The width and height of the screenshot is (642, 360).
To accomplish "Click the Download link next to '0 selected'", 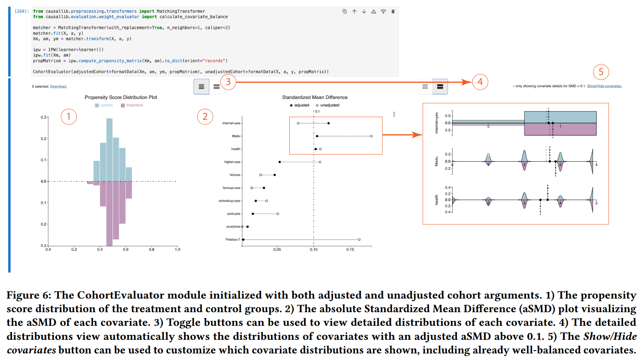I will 58,87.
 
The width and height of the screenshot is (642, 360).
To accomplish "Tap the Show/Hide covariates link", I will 604,86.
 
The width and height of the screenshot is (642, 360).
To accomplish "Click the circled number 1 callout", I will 68,117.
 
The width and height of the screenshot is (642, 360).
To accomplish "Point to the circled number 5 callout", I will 601,72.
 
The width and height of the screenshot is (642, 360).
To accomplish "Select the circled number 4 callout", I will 480,82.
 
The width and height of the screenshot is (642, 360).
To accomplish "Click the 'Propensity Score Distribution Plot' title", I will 121,97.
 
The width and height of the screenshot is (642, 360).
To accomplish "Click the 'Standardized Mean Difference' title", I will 314,97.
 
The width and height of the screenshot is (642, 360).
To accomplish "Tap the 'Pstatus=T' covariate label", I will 233,240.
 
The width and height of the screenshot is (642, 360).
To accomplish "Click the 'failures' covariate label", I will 235,175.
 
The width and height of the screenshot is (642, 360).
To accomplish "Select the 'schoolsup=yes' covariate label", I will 229,201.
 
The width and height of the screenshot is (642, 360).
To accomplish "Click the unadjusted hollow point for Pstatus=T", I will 359,240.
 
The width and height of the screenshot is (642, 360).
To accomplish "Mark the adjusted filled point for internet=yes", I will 328,123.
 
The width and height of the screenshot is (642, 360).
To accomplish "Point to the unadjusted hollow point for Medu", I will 371,136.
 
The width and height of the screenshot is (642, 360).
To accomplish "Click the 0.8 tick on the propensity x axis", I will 151,249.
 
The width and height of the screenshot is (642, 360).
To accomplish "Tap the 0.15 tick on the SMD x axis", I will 350,249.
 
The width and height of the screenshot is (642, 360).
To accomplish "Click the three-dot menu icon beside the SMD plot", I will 394,114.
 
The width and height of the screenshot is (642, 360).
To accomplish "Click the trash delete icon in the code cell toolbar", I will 393,12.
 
